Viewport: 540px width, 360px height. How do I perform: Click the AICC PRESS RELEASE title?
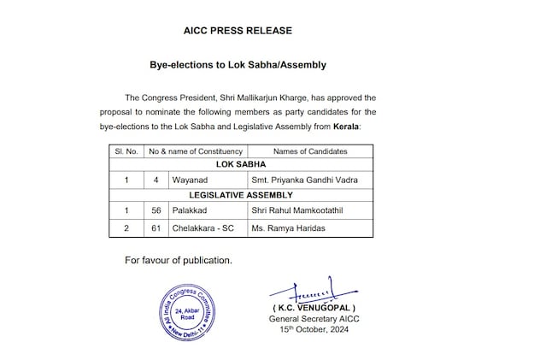[238, 31]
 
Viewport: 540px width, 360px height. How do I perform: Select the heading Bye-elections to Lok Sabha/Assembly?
[238, 64]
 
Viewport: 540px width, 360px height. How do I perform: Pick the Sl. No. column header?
[126, 150]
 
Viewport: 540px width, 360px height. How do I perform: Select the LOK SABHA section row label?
[241, 163]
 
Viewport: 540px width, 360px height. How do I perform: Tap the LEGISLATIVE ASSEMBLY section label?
[241, 195]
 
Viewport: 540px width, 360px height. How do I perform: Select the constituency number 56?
[154, 211]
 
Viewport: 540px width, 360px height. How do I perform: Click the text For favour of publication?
[178, 259]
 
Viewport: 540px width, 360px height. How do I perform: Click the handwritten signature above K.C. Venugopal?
[311, 291]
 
